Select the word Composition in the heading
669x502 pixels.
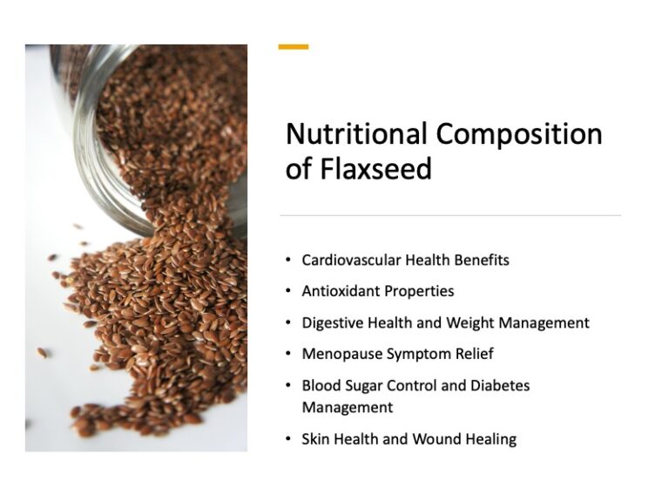click(x=519, y=135)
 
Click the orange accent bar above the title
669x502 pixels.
click(x=294, y=47)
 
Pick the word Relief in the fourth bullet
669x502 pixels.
click(x=478, y=354)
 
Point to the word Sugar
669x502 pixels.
click(x=361, y=385)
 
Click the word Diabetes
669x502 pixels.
click(x=499, y=385)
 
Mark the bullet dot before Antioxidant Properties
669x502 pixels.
click(x=288, y=291)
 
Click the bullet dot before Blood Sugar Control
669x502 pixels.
click(x=288, y=385)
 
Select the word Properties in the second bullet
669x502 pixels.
click(x=419, y=291)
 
